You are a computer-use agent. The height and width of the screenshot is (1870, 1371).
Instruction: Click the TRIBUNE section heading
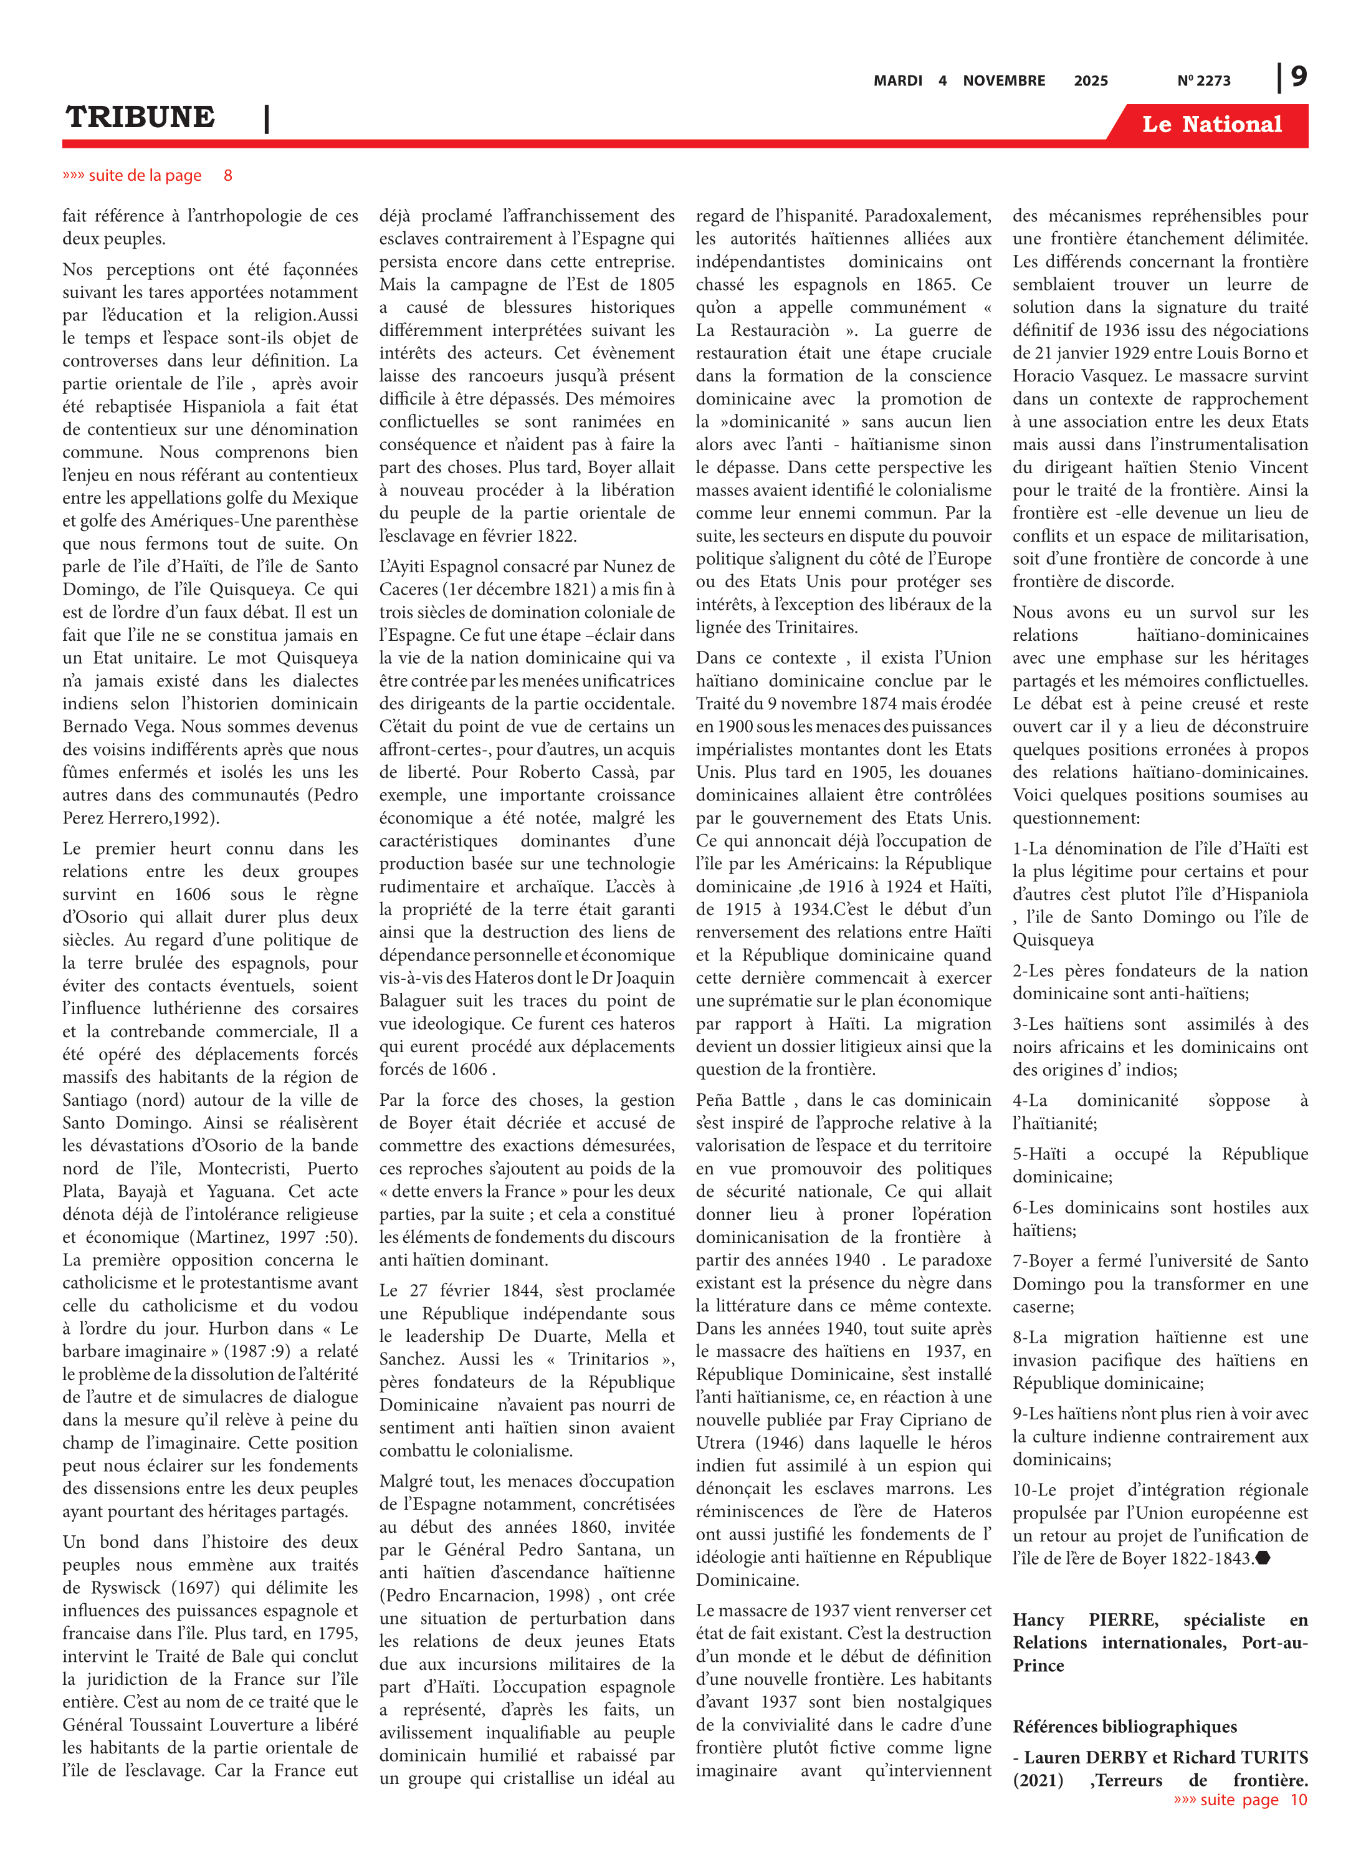140,117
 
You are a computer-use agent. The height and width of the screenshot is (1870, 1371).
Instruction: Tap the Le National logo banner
1211,125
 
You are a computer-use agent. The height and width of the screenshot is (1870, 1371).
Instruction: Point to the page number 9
1299,77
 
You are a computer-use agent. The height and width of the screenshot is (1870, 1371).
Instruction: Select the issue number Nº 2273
1203,80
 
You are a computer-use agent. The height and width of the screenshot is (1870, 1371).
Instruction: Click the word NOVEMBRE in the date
1003,80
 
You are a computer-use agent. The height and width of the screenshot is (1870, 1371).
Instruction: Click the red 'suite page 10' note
1241,1800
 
